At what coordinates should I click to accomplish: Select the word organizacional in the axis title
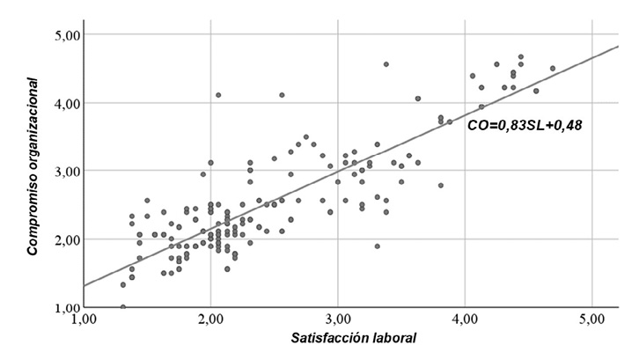[33, 118]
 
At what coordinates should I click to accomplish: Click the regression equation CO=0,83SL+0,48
[525, 126]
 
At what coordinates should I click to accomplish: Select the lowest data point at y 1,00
[123, 307]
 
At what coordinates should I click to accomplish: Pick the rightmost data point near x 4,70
[553, 68]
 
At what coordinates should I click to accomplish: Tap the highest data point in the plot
[521, 56]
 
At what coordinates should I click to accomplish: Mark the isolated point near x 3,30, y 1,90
[377, 246]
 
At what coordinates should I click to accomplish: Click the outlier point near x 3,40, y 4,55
[386, 64]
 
